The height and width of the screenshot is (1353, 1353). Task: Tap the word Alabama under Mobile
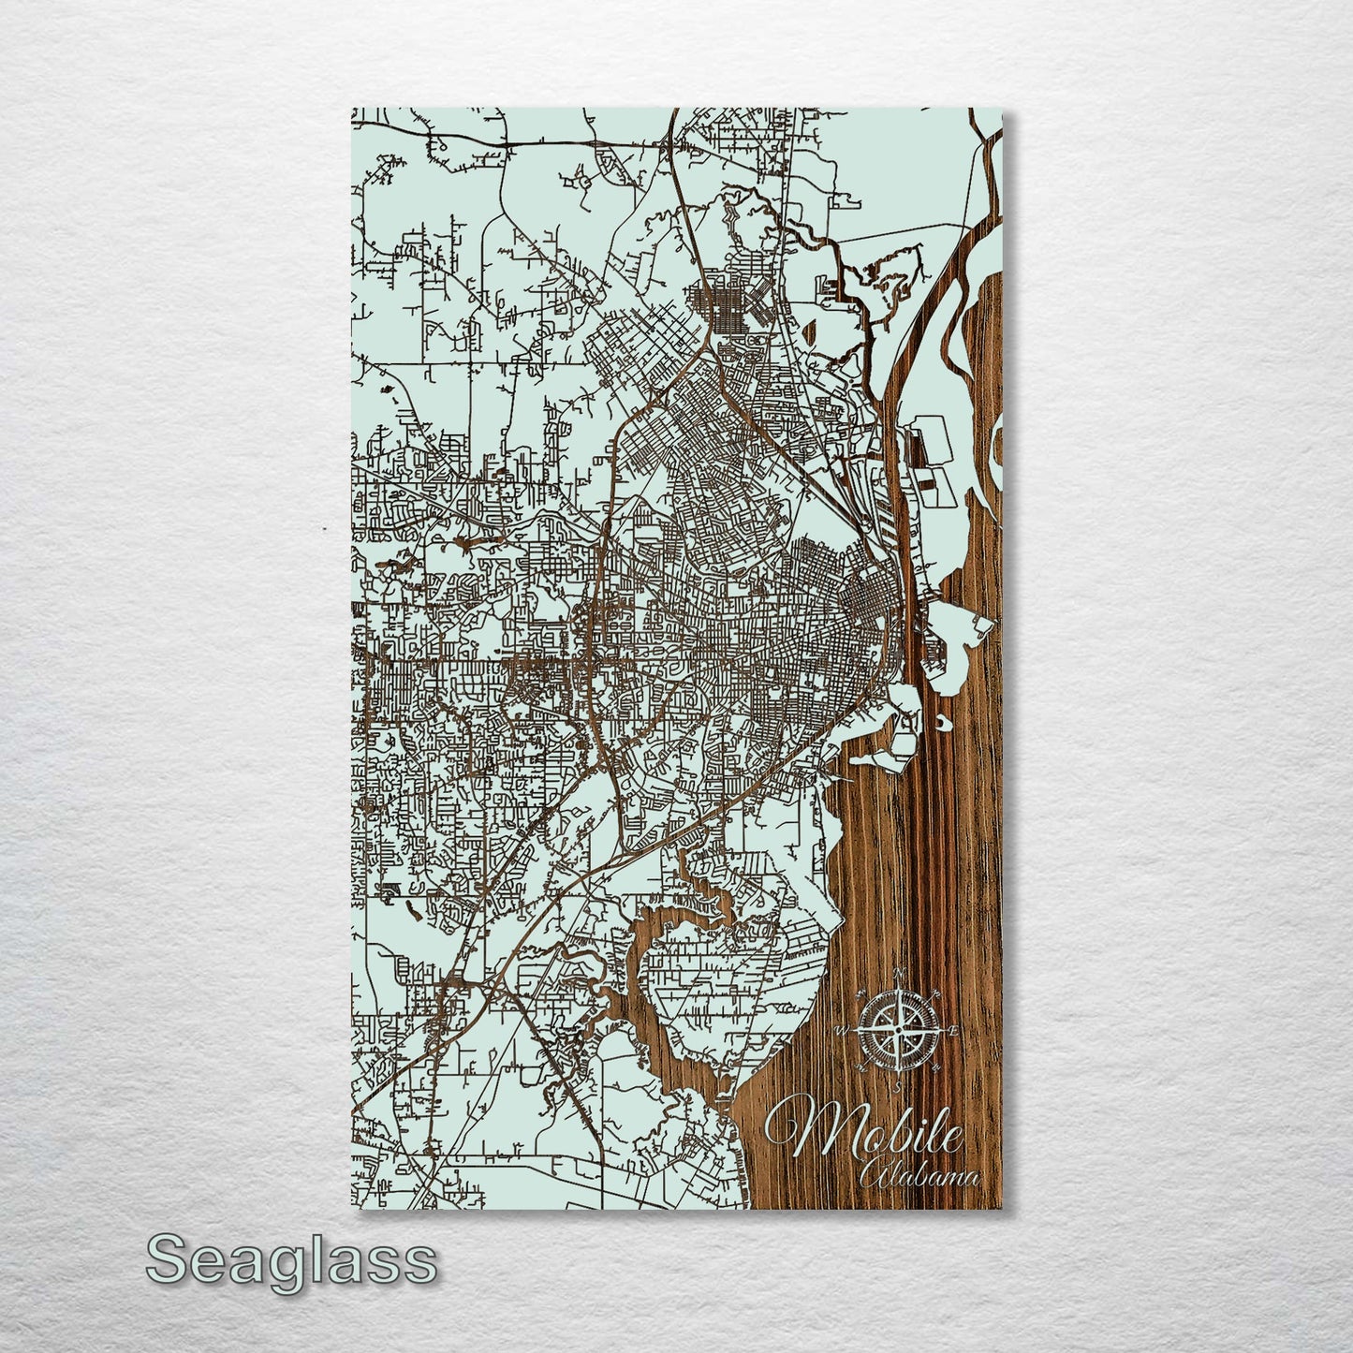919,1177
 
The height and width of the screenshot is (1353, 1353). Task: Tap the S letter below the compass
898,1088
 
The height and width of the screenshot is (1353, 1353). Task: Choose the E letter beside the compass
954,1031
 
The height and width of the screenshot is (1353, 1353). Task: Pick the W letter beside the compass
841,1031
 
